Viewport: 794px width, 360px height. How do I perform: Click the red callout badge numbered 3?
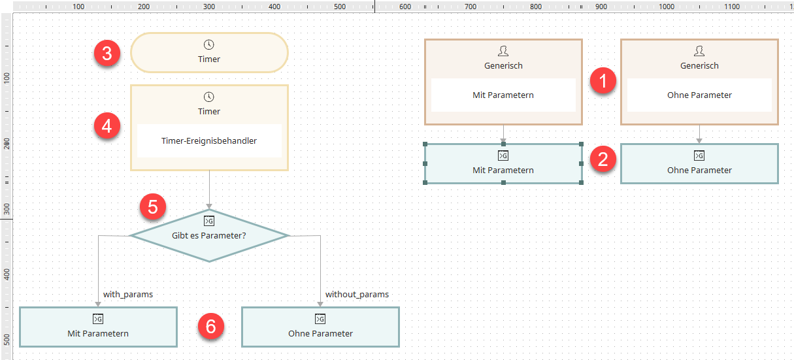click(107, 53)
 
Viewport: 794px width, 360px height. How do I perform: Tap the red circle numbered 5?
click(153, 206)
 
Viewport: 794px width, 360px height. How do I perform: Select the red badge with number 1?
click(603, 80)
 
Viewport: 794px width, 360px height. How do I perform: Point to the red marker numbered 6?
click(211, 326)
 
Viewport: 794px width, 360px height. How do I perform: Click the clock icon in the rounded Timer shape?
click(208, 44)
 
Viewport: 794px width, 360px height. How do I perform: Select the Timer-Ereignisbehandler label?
click(208, 140)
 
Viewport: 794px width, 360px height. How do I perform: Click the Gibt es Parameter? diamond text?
click(208, 235)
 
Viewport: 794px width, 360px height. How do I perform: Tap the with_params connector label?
click(128, 294)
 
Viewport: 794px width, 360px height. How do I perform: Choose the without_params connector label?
click(357, 294)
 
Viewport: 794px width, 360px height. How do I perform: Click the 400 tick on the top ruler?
click(274, 7)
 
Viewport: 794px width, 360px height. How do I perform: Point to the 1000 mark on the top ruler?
click(667, 7)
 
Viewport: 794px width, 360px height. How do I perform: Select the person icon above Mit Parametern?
click(503, 51)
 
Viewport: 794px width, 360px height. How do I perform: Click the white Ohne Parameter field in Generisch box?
click(699, 95)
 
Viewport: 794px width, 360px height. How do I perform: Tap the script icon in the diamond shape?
click(208, 221)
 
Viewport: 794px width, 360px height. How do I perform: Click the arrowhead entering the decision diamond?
click(209, 206)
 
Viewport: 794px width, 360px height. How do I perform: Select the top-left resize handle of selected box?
click(425, 144)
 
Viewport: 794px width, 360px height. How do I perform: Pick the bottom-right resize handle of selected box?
click(581, 182)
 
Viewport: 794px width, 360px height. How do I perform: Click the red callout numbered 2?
click(603, 159)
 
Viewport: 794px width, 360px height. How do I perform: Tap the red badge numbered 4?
click(107, 126)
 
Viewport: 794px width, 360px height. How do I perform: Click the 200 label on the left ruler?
click(7, 144)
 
